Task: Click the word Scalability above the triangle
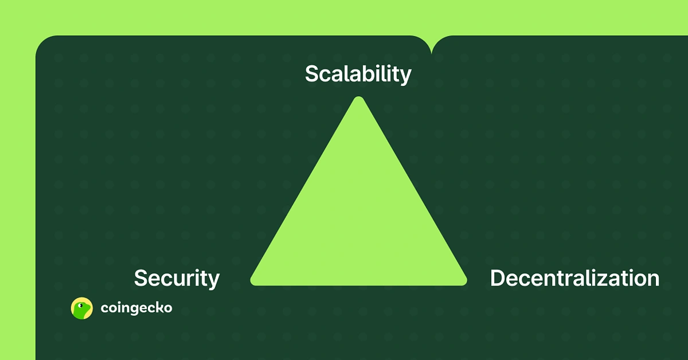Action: click(358, 74)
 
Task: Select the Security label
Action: click(177, 279)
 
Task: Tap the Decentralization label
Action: click(574, 279)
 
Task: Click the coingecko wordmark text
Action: click(136, 308)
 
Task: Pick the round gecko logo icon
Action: click(81, 308)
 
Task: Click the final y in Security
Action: click(213, 281)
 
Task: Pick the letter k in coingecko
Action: click(157, 308)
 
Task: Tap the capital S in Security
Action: click(141, 279)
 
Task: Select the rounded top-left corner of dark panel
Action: click(43, 44)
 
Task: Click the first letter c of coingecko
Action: click(104, 309)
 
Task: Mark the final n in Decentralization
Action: click(653, 280)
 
